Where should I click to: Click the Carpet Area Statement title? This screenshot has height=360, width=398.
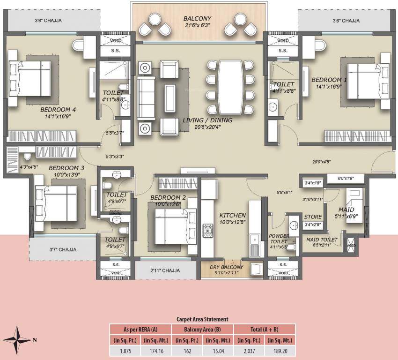click(x=202, y=319)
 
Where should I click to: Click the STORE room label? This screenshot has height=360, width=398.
click(x=312, y=217)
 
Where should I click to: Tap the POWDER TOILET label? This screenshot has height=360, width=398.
click(x=279, y=239)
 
